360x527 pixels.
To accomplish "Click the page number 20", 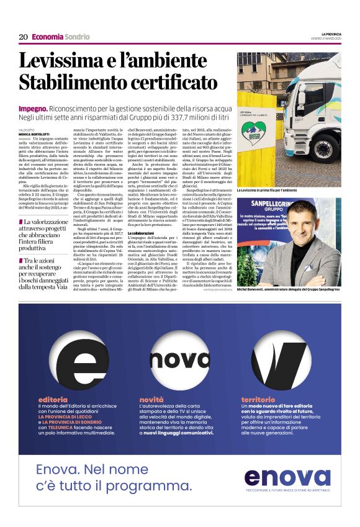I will click(23, 37).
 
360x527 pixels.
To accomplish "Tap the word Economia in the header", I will click(47, 37).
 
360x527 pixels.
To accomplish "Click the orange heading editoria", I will click(53, 399).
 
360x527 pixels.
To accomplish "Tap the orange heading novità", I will click(151, 399).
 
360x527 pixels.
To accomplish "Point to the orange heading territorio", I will click(258, 399).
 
